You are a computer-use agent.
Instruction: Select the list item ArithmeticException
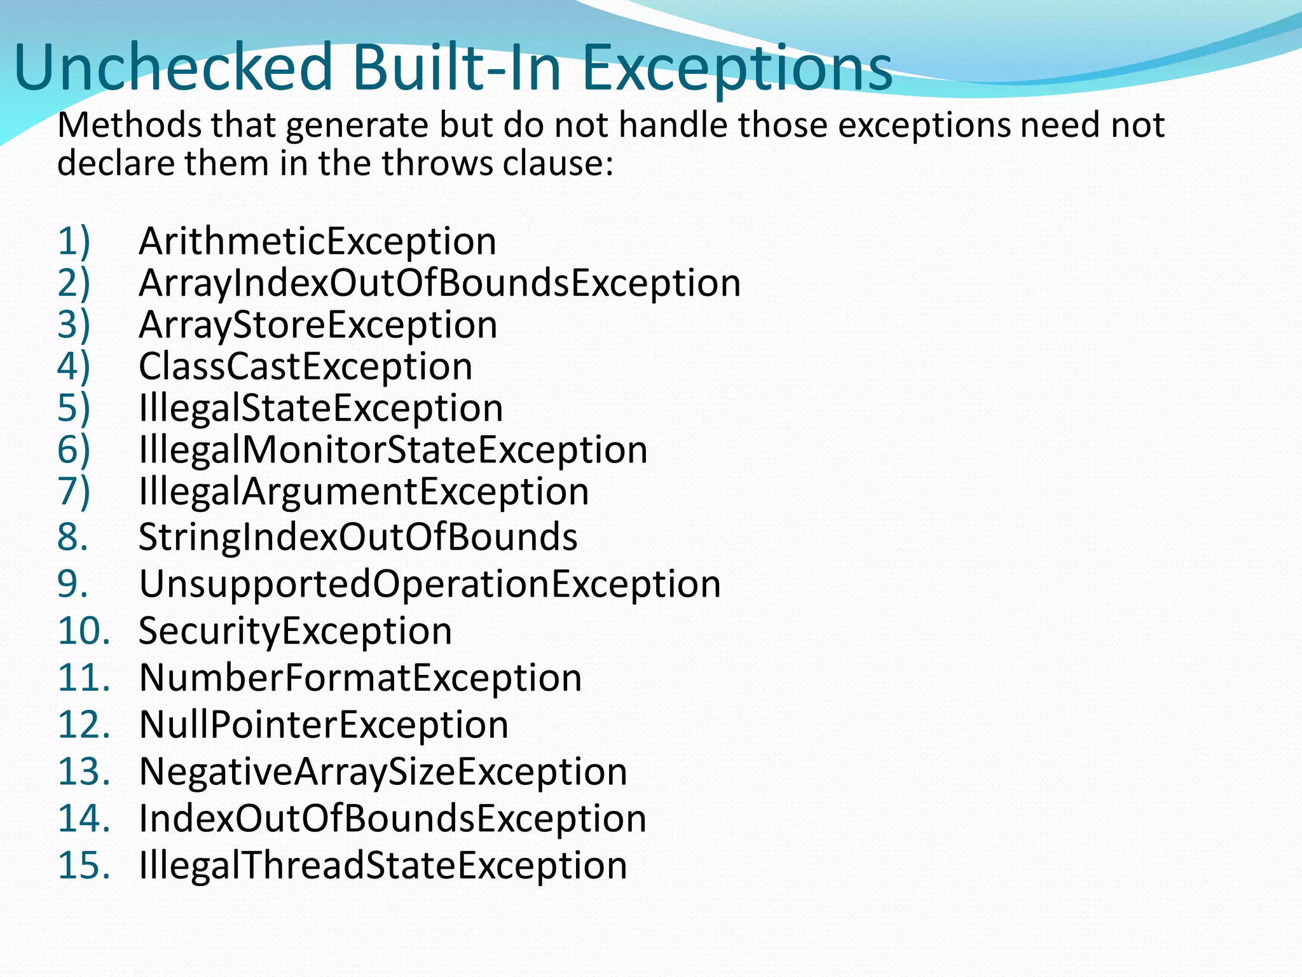click(x=317, y=242)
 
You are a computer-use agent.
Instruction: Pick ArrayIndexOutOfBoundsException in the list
click(x=439, y=283)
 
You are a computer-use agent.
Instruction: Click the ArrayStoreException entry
click(x=318, y=325)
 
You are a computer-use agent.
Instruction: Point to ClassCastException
click(x=305, y=367)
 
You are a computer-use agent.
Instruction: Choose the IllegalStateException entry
click(x=320, y=408)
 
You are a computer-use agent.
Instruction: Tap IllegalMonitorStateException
click(x=393, y=450)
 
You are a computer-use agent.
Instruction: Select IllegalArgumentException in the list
click(x=364, y=492)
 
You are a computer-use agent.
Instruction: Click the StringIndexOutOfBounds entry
click(x=358, y=537)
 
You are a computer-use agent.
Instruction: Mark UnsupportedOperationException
click(x=430, y=584)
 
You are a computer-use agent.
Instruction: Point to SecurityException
click(x=295, y=631)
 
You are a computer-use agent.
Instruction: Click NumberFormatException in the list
click(x=360, y=678)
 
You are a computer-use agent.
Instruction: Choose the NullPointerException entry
click(x=324, y=725)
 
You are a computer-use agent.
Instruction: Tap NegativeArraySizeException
click(x=383, y=772)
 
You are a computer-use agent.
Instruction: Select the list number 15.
click(x=83, y=866)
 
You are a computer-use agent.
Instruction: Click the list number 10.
click(x=83, y=631)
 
